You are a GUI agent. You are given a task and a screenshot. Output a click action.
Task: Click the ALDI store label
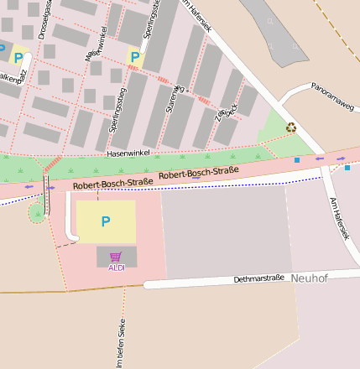116,268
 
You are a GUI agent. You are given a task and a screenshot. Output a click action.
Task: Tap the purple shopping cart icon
116,257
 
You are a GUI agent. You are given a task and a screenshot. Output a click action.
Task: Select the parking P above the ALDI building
105,221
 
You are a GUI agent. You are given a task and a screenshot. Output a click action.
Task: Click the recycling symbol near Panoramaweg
291,127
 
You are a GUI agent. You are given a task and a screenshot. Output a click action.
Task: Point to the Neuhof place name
309,278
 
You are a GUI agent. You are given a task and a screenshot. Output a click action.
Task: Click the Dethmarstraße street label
258,278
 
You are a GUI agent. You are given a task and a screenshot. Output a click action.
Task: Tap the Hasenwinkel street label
128,153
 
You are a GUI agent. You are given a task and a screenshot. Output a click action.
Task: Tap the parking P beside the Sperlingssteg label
133,57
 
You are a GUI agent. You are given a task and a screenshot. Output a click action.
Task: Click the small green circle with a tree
37,213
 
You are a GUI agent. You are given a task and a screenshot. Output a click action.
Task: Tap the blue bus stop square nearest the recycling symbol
296,159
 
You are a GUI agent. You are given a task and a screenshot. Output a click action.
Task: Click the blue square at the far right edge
347,168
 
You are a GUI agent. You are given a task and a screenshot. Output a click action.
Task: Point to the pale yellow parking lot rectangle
106,221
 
